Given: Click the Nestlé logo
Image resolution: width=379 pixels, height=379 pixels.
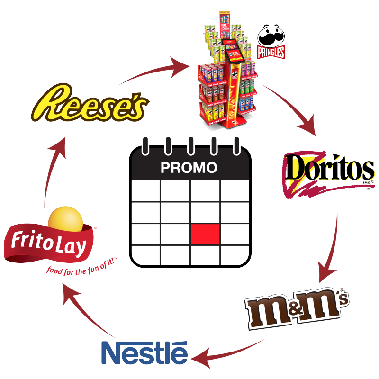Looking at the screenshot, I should point(144,353).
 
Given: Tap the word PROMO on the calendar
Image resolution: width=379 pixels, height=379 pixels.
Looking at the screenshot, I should point(189,168).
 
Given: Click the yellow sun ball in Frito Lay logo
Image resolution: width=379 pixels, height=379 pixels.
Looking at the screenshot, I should point(66,219).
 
